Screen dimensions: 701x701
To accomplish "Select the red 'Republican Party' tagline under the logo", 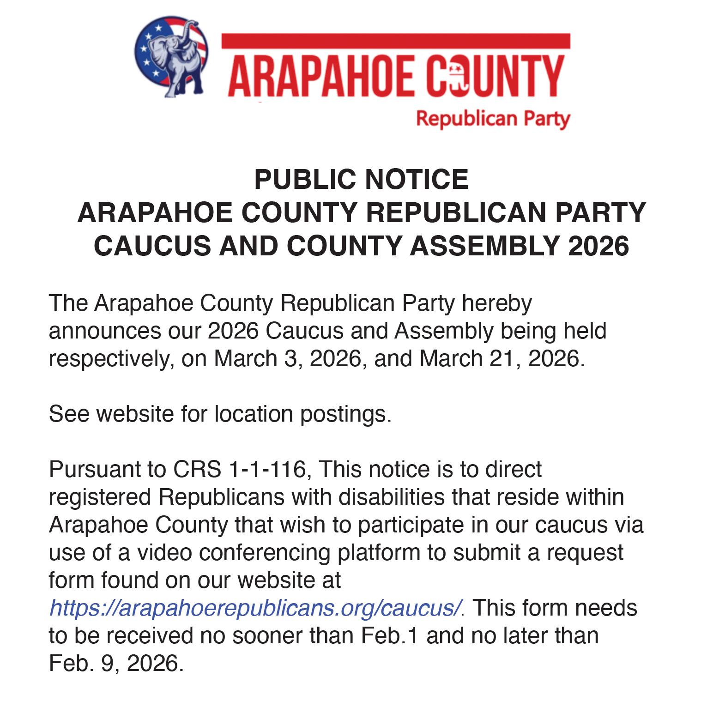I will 493,119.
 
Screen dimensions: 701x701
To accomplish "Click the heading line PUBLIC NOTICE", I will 361,179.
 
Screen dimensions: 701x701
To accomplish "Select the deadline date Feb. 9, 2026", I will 114,663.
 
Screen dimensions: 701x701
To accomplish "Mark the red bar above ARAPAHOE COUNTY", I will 396,41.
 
